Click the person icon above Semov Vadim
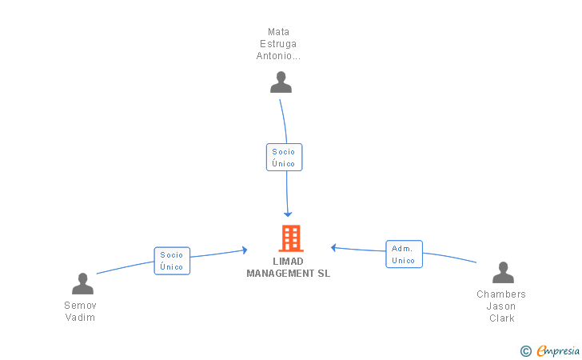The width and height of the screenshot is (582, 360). point(82,283)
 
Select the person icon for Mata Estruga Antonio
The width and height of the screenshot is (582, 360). point(281,82)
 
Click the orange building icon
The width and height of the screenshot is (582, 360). point(290,238)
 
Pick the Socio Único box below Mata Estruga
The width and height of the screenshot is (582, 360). point(284,157)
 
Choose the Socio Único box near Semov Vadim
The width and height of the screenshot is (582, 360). point(172,261)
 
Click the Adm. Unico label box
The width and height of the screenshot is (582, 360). point(404,254)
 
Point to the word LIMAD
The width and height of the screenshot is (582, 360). point(288,262)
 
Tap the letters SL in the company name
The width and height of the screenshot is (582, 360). point(323,274)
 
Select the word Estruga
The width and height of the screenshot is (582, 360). point(278,44)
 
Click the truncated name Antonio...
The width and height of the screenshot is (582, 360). point(278,56)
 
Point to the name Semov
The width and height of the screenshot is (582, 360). point(80,305)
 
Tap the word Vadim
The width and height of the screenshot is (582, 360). point(80,318)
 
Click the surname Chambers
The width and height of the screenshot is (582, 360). point(501,294)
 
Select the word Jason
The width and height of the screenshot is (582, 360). point(501,306)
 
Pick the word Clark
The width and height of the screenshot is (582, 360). point(501,318)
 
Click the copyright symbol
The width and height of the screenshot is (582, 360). point(525,350)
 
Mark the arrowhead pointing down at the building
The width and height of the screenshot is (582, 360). point(289,214)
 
